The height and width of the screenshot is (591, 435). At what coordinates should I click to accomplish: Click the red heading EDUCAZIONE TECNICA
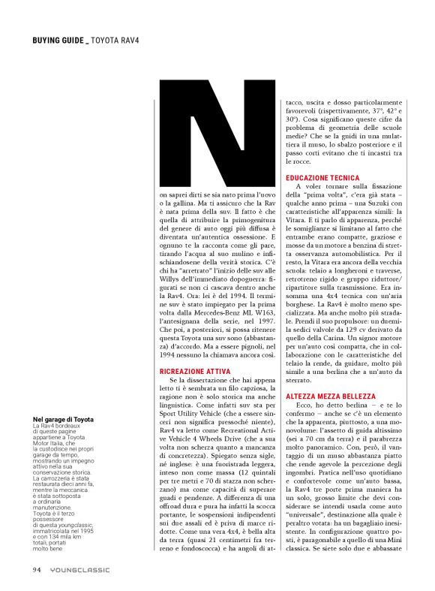tap(314, 176)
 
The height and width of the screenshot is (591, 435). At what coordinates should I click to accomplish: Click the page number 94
tap(37, 568)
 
